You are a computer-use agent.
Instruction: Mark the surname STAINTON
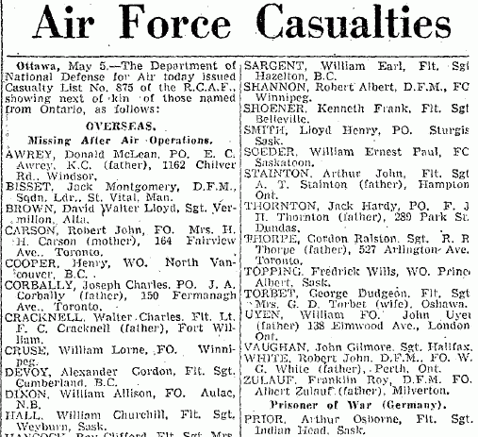[275, 176]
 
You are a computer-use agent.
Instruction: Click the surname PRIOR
[263, 410]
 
